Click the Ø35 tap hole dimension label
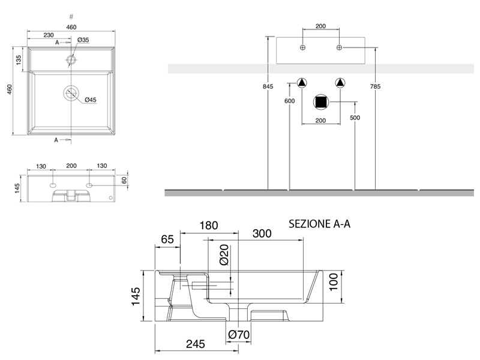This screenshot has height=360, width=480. pos(83,40)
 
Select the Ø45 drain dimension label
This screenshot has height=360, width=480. pos(91,100)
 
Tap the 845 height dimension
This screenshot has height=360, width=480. pos(268,87)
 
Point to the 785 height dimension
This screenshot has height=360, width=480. pos(375,87)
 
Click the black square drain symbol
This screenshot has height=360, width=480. pos(322,103)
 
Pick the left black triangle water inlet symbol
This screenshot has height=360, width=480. pos(302,83)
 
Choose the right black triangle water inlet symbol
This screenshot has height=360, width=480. pos(340,83)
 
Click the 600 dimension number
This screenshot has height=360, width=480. pos(289,101)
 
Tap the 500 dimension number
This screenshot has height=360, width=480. pos(355,118)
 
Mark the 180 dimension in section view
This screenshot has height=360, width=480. pos(208,226)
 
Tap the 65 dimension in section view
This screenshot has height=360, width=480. pos(168,239)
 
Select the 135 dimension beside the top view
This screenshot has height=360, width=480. pos(19,60)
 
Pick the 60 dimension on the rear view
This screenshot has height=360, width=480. pos(125,179)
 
